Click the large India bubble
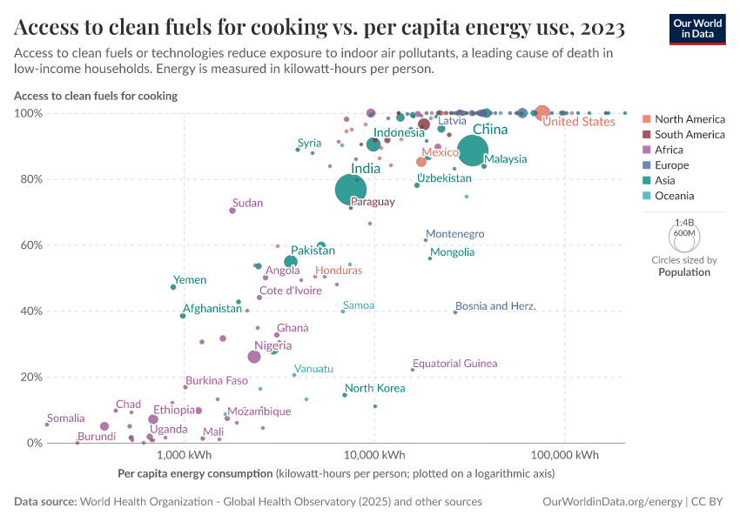[350, 190]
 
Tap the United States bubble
[542, 112]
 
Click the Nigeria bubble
[254, 357]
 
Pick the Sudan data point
[232, 211]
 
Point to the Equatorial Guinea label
[454, 364]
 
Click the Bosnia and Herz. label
[495, 306]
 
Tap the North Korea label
[374, 388]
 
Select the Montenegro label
[454, 234]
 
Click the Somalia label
[66, 418]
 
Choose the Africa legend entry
[671, 150]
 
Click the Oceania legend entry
[674, 196]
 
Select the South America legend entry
[689, 134]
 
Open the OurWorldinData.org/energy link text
[612, 502]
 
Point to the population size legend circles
[683, 235]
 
